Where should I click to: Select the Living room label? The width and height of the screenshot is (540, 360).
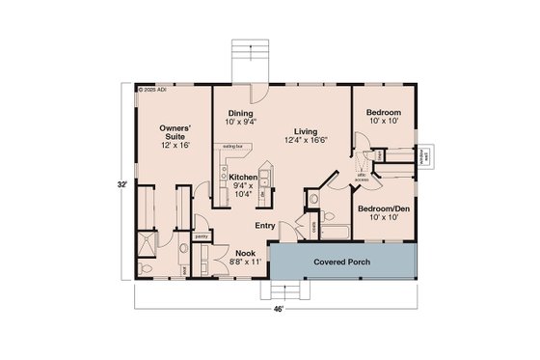click(x=308, y=131)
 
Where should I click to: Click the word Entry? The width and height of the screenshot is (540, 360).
click(x=265, y=226)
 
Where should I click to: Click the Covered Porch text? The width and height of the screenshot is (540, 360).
click(x=342, y=262)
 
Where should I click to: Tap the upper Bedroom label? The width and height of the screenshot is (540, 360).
click(x=384, y=113)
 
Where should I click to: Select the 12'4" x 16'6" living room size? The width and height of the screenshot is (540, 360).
click(x=308, y=141)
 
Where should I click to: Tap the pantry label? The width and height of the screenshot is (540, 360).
click(x=202, y=235)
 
